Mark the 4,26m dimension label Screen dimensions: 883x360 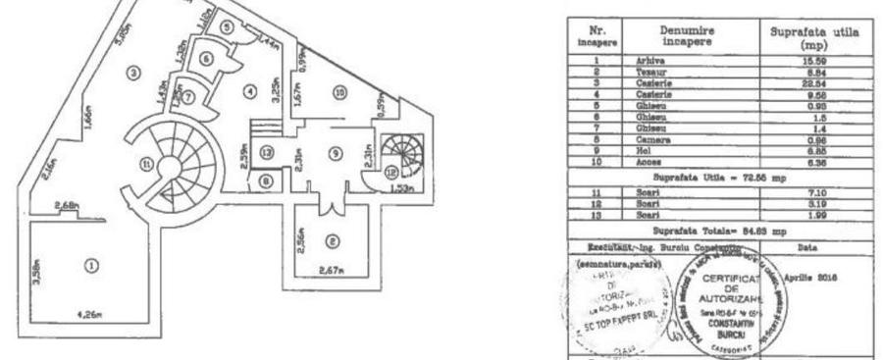91,317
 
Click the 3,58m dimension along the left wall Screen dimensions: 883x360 35,268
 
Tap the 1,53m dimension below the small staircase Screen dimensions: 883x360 399,185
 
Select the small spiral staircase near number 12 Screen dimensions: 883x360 399,155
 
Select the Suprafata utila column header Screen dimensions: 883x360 809,37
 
